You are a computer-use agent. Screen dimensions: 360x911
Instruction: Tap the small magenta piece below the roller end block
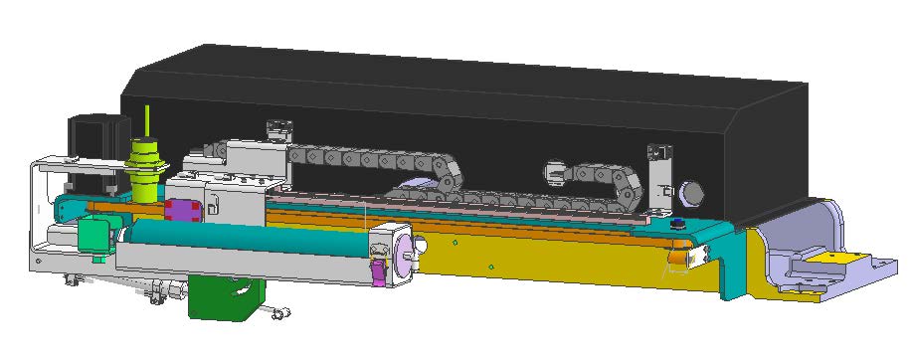coord(379,273)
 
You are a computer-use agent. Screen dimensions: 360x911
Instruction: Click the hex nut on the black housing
coord(691,190)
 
